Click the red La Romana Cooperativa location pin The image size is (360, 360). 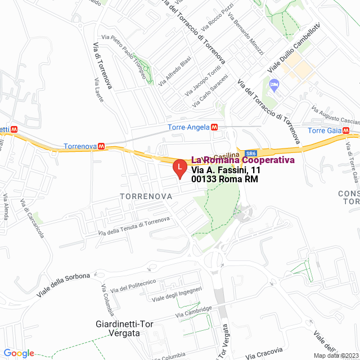pos(179,168)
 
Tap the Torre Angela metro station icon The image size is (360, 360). pos(214,127)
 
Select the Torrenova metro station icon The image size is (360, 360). pos(101,145)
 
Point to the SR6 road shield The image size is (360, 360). pos(251,154)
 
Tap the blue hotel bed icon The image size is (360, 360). pos(274,85)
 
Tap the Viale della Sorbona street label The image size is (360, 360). pos(63,286)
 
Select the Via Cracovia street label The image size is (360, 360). pos(261,353)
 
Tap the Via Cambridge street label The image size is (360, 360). pos(193,311)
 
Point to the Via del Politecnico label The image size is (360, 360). pos(134,286)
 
